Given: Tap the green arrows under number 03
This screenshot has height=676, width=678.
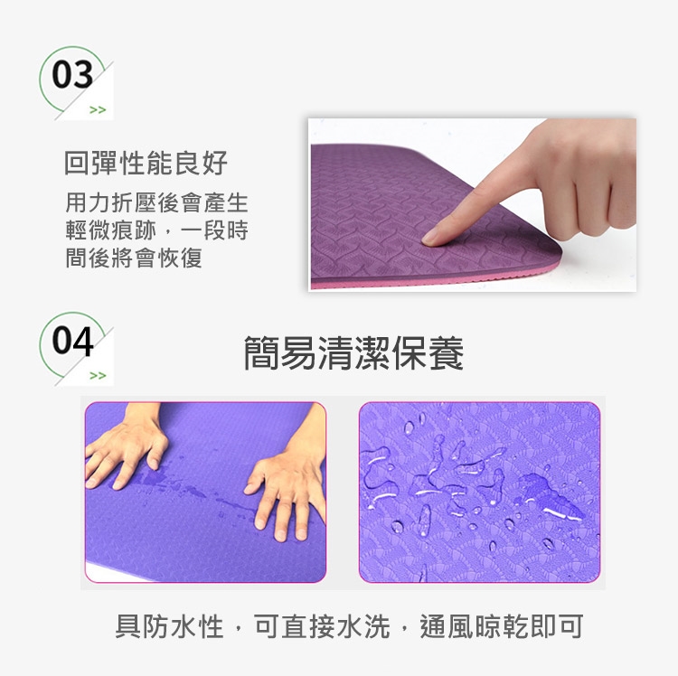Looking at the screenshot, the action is pyautogui.click(x=98, y=109).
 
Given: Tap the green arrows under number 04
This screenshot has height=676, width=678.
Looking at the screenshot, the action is pyautogui.click(x=98, y=375).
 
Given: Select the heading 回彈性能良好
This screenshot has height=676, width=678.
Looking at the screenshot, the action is pyautogui.click(x=146, y=163).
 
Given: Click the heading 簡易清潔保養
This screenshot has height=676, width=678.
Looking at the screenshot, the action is pyautogui.click(x=353, y=353).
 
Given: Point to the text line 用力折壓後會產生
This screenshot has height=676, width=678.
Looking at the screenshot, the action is pyautogui.click(x=156, y=202).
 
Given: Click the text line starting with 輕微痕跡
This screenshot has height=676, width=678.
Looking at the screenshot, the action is pyautogui.click(x=156, y=230).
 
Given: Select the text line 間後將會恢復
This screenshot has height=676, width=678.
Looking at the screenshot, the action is pyautogui.click(x=134, y=258).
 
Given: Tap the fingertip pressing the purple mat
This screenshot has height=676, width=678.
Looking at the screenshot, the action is pyautogui.click(x=432, y=237).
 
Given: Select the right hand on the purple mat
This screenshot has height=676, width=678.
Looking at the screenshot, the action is pyautogui.click(x=287, y=488).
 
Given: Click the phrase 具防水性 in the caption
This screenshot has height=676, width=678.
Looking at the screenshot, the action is pyautogui.click(x=169, y=626).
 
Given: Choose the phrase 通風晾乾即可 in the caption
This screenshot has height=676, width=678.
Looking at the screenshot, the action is pyautogui.click(x=502, y=626).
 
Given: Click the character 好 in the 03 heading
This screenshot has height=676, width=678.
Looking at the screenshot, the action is pyautogui.click(x=214, y=163).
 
